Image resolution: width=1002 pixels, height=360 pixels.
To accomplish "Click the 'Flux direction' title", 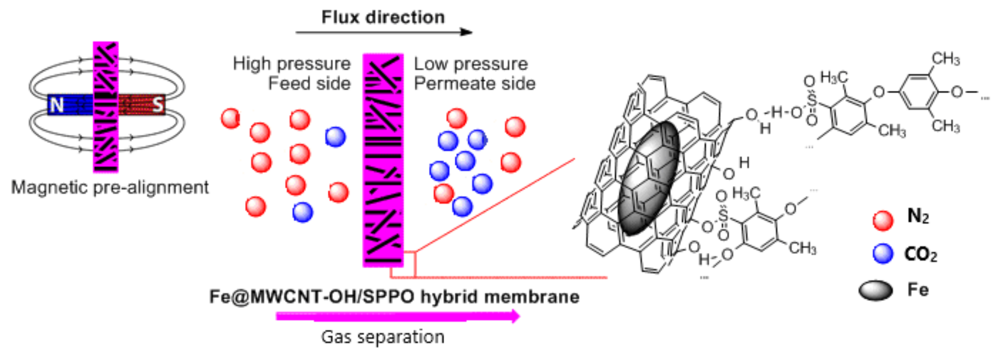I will tap(383, 17).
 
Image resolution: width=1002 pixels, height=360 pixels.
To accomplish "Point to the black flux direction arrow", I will tap(384, 32).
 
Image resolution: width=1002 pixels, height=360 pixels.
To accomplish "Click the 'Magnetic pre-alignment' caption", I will tap(110, 187).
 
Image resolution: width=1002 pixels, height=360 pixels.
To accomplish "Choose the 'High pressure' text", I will tap(292, 64).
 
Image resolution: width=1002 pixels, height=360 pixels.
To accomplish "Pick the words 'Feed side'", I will tap(309, 83).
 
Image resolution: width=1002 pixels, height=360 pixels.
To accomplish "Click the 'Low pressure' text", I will tap(471, 64).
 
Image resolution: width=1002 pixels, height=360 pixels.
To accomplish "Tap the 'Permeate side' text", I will tap(474, 83).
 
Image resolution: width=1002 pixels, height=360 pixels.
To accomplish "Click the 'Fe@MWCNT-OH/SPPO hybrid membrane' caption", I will tap(394, 297).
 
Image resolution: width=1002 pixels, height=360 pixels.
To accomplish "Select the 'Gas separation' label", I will tap(383, 337).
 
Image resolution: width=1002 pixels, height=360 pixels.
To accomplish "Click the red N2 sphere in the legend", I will tap(883, 220).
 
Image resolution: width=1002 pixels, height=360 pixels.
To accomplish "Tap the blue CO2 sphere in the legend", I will tap(883, 253).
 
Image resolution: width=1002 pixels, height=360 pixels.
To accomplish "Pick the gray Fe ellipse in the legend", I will tap(876, 291).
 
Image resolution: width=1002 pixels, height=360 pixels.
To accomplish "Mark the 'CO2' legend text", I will tap(921, 254).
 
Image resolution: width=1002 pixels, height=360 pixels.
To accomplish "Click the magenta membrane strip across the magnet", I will tap(106, 107).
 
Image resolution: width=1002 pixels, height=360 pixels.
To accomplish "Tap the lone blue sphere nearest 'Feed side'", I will tap(335, 137).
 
